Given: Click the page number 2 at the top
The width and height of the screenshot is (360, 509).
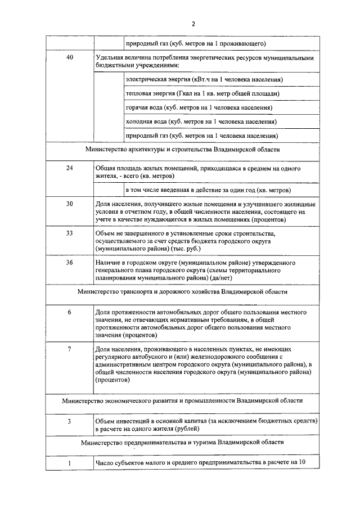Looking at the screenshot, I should point(193,24).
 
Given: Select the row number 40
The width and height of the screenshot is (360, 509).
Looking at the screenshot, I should point(70,58).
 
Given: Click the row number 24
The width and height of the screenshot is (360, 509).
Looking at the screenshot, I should point(70,168).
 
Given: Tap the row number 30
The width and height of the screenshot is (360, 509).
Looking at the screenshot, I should point(70,204).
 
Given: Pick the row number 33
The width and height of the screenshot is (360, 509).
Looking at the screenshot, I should point(70,233).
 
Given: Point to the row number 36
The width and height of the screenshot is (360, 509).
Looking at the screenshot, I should point(70,263).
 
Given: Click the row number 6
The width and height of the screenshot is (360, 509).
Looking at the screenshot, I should point(70,312).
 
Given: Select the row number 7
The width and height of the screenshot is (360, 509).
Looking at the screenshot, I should point(70,349).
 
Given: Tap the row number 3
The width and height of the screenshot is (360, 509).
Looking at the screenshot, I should point(70,421).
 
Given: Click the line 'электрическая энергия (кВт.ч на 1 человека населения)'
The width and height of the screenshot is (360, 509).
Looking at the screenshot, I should point(204,79).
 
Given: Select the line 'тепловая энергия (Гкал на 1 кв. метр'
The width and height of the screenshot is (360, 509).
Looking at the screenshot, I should point(202,93).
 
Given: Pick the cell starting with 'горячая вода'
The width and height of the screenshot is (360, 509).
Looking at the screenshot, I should point(199,107).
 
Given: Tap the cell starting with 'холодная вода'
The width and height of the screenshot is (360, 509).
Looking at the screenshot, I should point(201,121).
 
